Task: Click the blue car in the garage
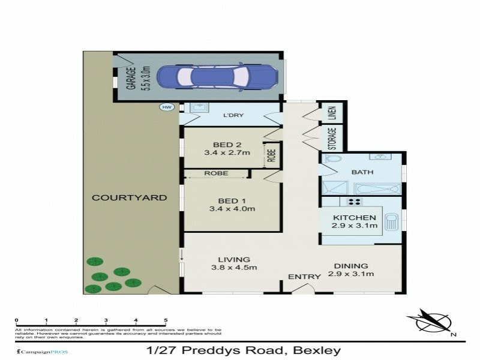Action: [217, 76]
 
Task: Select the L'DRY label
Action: [233, 116]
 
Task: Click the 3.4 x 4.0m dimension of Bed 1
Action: [232, 209]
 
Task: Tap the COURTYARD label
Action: [129, 197]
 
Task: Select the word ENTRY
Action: [301, 277]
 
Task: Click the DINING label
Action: [351, 265]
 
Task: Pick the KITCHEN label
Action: [354, 217]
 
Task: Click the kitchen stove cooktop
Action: [354, 202]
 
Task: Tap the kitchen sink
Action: [392, 223]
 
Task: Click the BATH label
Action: [362, 172]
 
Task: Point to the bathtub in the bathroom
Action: [376, 188]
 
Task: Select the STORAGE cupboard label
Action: [334, 138]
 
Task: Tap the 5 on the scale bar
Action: [165, 320]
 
